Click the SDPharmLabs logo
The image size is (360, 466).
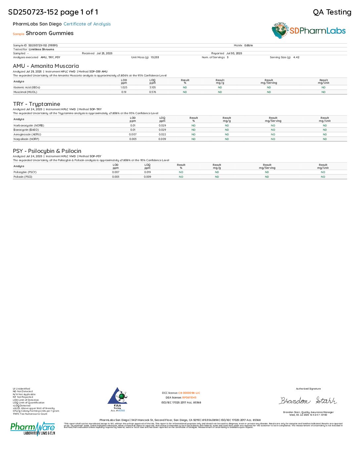coord(308,31)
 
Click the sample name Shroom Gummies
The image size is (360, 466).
coord(50,33)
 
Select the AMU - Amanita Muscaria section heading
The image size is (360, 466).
coord(46,66)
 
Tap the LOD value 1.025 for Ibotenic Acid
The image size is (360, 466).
coord(124,87)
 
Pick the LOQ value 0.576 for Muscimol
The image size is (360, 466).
coord(153,92)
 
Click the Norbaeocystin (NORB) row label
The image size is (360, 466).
coord(29,125)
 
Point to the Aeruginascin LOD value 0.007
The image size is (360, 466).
coord(133,134)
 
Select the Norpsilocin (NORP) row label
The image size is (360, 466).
coord(26,139)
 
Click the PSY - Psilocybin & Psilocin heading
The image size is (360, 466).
coord(47,151)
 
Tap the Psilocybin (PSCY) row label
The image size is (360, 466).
coord(25,172)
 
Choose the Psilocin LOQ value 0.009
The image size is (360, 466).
coord(148,177)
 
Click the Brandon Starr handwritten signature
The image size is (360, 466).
coord(308,401)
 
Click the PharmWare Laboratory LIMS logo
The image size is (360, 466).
coord(33,428)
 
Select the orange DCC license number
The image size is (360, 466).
coord(189,393)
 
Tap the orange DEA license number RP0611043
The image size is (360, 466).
coord(189,397)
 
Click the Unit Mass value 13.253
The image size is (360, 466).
coord(155,57)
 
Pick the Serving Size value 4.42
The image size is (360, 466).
coord(296,57)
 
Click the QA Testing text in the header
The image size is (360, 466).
coord(332,12)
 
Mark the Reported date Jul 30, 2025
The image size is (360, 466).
coord(234,53)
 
